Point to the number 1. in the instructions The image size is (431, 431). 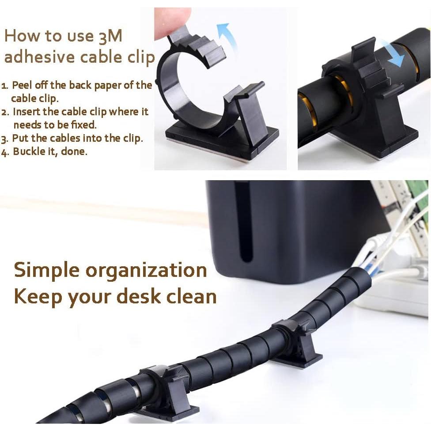5,86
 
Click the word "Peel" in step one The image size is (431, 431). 22,85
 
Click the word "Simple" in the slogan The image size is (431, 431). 46,270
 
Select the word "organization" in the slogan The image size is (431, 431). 146,270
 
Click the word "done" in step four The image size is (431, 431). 75,151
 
